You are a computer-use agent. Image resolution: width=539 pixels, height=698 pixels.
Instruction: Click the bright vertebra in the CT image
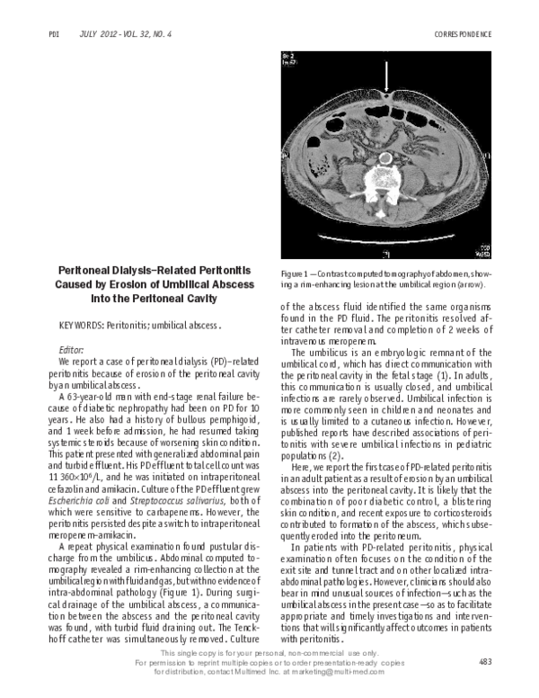pos(386,170)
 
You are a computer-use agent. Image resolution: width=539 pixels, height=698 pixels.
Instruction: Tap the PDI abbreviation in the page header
pos(52,34)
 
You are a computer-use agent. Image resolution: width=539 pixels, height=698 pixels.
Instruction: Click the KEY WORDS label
pos(79,327)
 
